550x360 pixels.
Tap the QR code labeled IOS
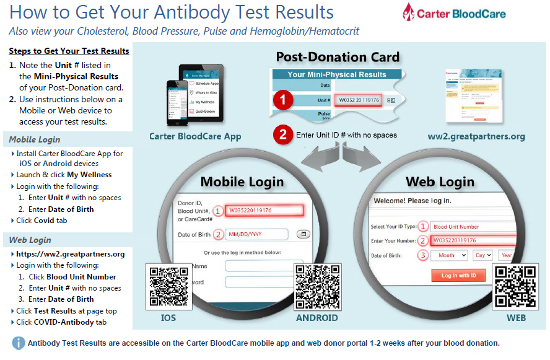click(167, 287)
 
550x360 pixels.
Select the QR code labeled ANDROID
click(316, 287)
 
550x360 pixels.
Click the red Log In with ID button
click(458, 275)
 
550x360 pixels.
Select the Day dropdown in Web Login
click(482, 255)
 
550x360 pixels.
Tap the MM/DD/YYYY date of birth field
click(256, 234)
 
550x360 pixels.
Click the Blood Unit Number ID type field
click(473, 227)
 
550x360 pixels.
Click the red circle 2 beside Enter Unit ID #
click(283, 134)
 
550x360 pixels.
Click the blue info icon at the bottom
click(19, 343)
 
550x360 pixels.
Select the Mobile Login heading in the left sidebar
click(35, 139)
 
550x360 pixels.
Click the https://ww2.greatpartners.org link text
click(71, 254)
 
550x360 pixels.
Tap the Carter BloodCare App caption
click(195, 136)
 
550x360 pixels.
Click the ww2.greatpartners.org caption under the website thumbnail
click(476, 136)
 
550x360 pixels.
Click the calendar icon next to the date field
click(304, 234)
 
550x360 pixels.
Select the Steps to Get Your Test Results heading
click(69, 51)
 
